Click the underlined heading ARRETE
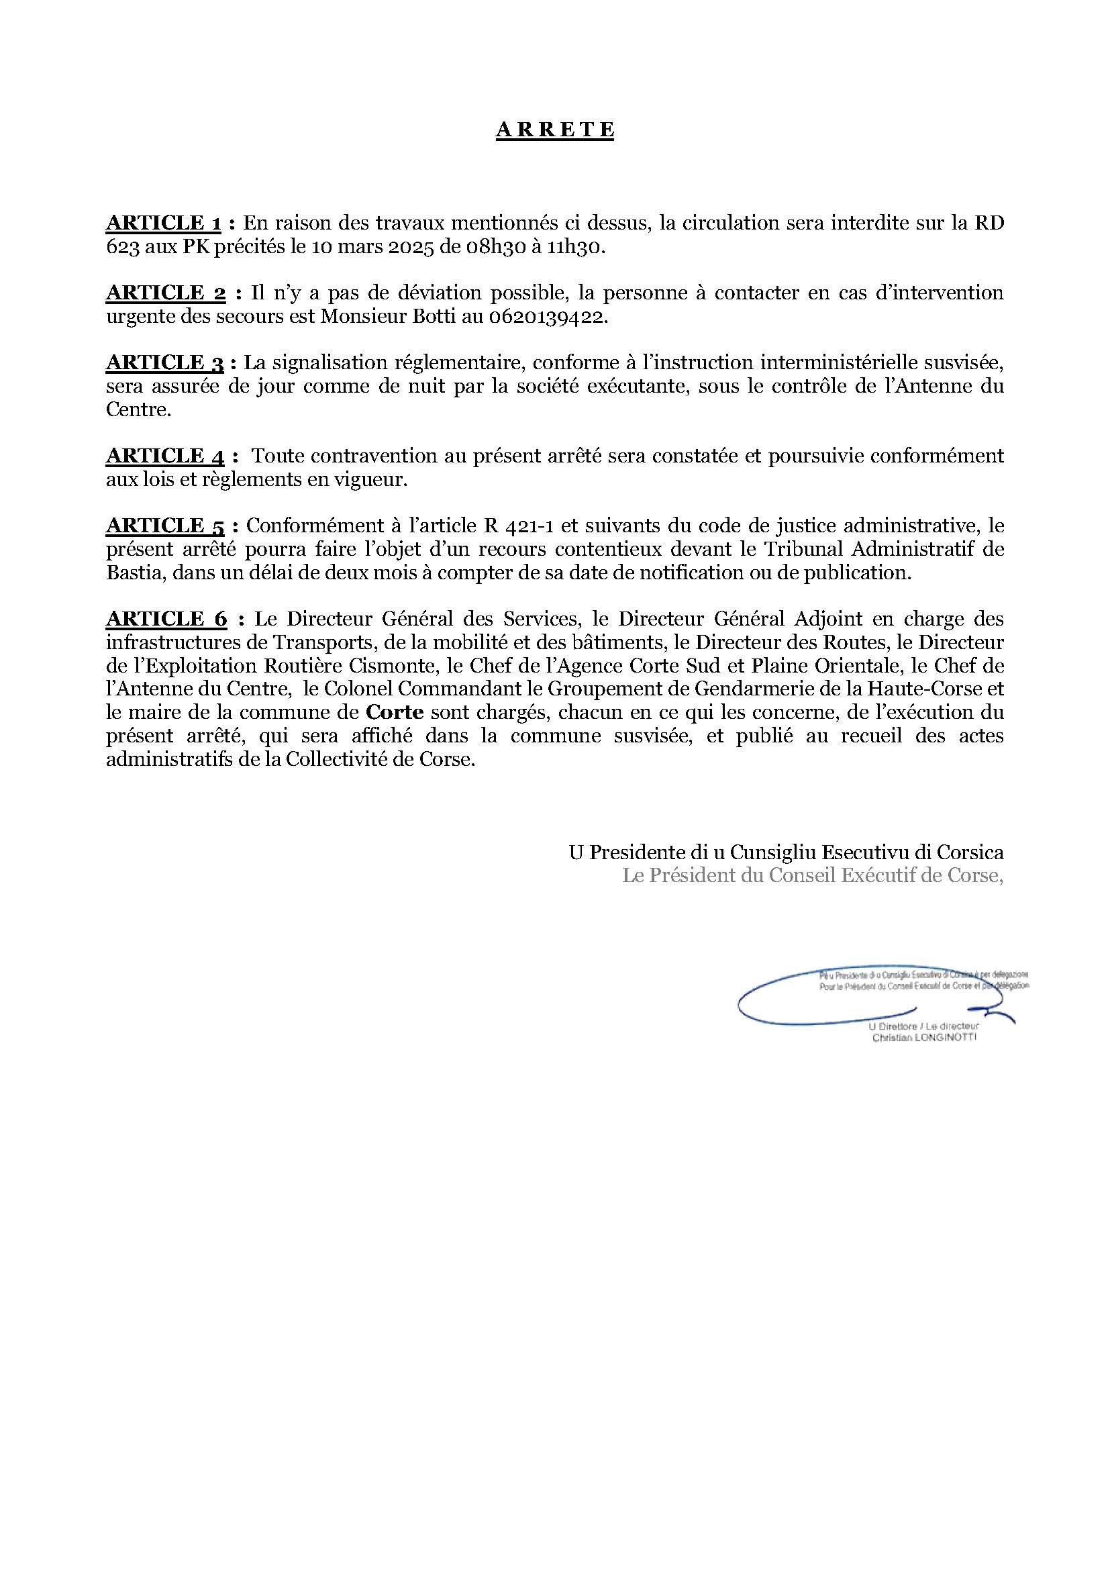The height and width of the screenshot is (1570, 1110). (554, 130)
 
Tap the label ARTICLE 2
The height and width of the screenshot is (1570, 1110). (165, 293)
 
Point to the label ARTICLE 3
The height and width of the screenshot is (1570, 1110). (165, 363)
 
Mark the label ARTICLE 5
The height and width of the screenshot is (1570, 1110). (165, 526)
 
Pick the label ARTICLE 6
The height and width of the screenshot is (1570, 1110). (166, 619)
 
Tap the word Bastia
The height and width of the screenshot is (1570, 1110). (134, 573)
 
